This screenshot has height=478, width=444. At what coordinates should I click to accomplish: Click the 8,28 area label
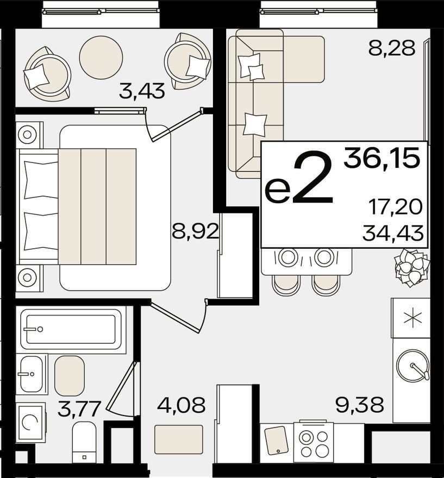pos(391,48)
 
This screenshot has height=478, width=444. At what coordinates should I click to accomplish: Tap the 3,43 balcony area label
pos(142,91)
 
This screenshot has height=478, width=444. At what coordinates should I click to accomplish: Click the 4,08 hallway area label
pos(181,405)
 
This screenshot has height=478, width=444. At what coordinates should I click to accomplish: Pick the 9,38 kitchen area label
pos(360,404)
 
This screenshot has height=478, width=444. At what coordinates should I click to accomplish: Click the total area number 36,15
pos(382,159)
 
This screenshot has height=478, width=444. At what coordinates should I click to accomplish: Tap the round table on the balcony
pos(101,58)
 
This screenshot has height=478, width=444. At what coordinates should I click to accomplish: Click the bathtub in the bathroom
pos(71,329)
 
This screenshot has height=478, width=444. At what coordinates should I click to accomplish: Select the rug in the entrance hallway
pos(179,439)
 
